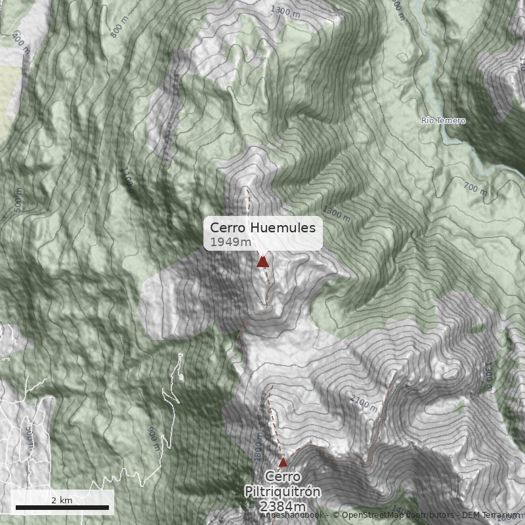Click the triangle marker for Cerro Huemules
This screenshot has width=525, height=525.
pos(262,262)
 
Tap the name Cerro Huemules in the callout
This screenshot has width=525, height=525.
pos(262,228)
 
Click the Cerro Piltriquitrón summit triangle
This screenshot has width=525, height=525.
pos(283,462)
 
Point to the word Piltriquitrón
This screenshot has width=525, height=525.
pos(282,492)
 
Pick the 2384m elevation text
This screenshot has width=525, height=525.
pos(282,507)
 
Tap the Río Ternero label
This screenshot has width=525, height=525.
pos(443,121)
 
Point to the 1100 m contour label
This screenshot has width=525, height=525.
pos(128,182)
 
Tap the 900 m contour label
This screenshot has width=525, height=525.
pos(154,438)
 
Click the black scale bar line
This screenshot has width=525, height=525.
pos(62,507)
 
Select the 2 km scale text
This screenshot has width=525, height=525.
pos(62,500)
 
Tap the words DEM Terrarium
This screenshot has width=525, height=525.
pos(491,515)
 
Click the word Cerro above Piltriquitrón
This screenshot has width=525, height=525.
pos(282,477)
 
